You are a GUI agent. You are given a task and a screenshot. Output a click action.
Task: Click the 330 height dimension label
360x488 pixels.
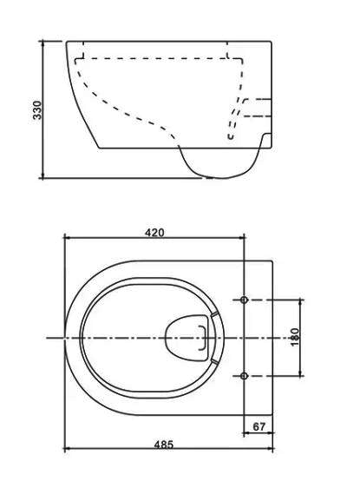coord(37,110)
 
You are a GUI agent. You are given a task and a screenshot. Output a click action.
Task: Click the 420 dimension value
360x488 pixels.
coord(154,233)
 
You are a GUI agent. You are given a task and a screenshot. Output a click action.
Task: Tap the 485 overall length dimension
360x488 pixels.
coord(164,445)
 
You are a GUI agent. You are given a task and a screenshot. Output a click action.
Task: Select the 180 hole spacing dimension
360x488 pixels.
coord(294,337)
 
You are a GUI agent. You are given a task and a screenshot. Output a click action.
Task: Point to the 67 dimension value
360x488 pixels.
coord(259,426)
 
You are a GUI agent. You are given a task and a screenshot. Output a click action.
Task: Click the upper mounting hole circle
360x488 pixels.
coord(245,300)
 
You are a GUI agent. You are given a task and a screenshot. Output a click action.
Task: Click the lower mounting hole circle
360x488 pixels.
coord(245,376)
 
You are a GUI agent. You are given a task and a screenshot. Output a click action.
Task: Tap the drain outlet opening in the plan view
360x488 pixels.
coord(187,338)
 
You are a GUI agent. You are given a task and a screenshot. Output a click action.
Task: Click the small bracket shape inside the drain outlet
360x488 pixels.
coord(203,338)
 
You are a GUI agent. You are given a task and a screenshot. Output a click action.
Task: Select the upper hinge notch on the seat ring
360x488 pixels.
coord(213,314)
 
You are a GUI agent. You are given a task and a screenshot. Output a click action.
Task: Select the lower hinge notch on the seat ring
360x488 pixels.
coord(213,361)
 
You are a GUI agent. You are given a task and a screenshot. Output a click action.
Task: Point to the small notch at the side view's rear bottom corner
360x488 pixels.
coord(266,140)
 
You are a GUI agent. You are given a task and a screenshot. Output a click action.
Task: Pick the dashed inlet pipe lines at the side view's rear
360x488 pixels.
coord(257,108)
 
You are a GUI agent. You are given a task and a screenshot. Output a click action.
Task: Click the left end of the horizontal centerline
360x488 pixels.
coord(47,338)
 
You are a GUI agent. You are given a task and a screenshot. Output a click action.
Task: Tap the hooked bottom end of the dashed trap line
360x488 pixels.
coord(231,136)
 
